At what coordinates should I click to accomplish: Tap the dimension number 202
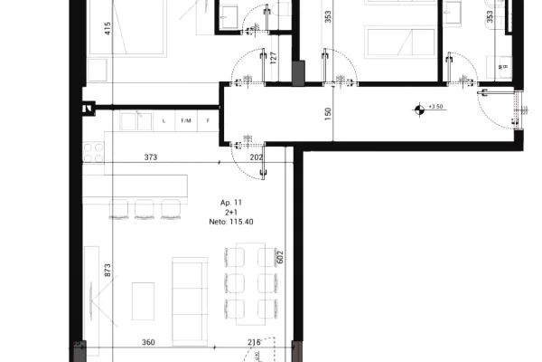(x=256, y=157)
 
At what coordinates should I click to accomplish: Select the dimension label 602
(x=280, y=257)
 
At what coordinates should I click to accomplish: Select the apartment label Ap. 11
(x=231, y=204)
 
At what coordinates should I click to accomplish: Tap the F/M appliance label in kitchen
(x=186, y=120)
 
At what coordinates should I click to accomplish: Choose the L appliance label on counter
(x=164, y=120)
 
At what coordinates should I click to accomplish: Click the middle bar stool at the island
(x=145, y=209)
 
